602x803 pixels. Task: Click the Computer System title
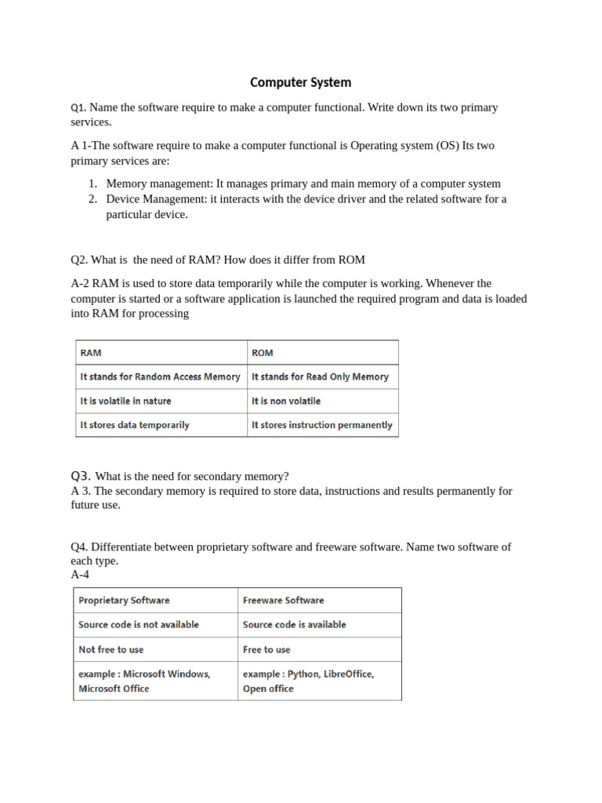click(x=300, y=82)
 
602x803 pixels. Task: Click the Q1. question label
click(x=79, y=108)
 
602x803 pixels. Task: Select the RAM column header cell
click(x=161, y=353)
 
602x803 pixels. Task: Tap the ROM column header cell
click(x=322, y=353)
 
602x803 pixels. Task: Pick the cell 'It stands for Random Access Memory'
click(x=161, y=377)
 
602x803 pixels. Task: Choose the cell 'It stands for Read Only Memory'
click(x=322, y=377)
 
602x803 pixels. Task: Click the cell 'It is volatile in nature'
click(x=161, y=401)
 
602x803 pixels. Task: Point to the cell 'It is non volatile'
click(x=322, y=401)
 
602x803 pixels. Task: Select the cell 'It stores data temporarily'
click(x=161, y=425)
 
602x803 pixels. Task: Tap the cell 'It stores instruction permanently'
click(x=322, y=425)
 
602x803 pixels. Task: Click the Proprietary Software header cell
click(x=155, y=601)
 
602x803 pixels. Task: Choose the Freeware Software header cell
click(x=319, y=601)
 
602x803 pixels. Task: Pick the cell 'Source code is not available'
click(x=155, y=625)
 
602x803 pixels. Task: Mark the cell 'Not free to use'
click(x=155, y=649)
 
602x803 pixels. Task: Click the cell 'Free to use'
click(x=319, y=649)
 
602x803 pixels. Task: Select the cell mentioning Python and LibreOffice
click(x=319, y=681)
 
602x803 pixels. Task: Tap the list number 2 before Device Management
click(x=92, y=199)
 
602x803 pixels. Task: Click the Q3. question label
click(x=81, y=476)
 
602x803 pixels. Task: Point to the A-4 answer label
click(x=80, y=575)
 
